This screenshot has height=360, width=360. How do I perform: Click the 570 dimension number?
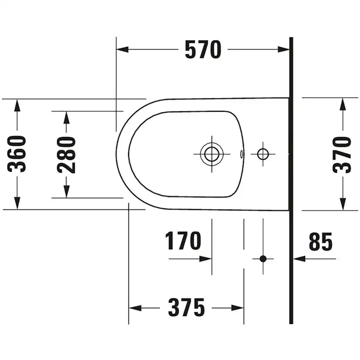(x=203, y=50)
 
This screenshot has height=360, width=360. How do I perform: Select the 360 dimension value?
(x=17, y=154)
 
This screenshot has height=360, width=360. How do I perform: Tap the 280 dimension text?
(x=67, y=155)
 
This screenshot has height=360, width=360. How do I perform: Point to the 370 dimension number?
(x=342, y=155)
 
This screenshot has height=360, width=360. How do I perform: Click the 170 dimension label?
(x=183, y=240)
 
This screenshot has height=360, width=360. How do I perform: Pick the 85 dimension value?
(x=320, y=242)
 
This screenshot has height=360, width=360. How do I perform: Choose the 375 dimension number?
(x=186, y=308)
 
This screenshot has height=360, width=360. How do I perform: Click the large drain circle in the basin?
(x=212, y=154)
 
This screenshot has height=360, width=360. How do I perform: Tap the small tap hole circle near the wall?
(x=263, y=154)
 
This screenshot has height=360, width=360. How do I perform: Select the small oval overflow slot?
(x=241, y=154)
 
